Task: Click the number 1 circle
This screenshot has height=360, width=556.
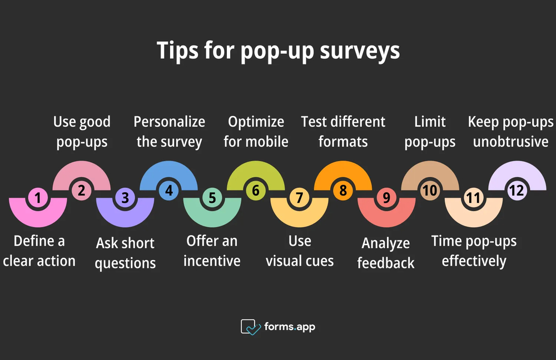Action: click(x=38, y=197)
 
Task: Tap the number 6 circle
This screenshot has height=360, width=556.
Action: click(x=256, y=191)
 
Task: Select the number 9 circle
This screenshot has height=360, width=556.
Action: click(x=386, y=197)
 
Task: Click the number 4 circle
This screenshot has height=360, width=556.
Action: click(x=168, y=191)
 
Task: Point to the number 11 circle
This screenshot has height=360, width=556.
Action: click(x=473, y=197)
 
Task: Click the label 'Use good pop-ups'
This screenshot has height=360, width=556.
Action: click(x=82, y=132)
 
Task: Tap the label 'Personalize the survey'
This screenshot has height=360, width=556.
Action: click(x=169, y=132)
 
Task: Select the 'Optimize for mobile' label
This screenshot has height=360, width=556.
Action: click(x=256, y=132)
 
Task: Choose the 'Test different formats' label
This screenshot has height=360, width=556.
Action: click(x=343, y=132)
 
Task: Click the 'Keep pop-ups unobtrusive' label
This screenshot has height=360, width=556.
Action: click(x=510, y=132)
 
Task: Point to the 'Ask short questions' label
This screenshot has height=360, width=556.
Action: click(x=125, y=252)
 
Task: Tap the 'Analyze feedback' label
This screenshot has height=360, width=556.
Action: click(x=386, y=252)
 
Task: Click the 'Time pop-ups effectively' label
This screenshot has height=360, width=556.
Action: click(x=474, y=251)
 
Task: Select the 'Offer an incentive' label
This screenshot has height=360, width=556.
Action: click(x=212, y=251)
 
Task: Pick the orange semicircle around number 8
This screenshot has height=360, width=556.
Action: click(x=343, y=174)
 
